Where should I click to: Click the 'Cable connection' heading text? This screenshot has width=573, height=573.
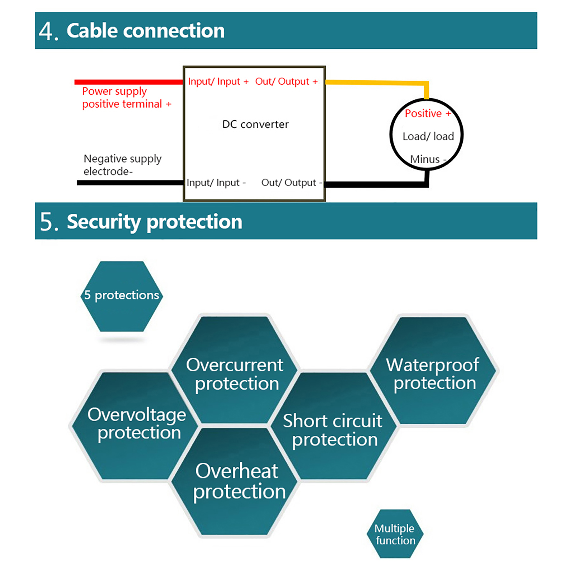tap(145, 31)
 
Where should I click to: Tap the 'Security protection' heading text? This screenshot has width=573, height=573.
tap(154, 221)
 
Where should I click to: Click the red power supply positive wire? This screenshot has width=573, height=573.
tap(129, 82)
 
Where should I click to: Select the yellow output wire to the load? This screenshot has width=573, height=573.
tap(376, 83)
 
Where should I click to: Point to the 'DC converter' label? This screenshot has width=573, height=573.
tap(255, 124)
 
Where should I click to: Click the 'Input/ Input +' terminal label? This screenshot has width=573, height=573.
tap(218, 82)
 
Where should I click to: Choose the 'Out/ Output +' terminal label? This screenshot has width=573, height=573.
tap(286, 82)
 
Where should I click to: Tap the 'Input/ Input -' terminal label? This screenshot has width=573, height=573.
tap(216, 183)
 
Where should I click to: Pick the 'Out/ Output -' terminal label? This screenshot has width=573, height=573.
tap(292, 183)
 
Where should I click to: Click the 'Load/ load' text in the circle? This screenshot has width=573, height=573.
tap(428, 136)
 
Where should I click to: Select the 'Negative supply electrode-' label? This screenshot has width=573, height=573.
tap(122, 165)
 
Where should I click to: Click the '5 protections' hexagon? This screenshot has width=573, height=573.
tap(122, 296)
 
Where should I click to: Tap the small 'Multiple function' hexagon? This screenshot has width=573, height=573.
tap(395, 534)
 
